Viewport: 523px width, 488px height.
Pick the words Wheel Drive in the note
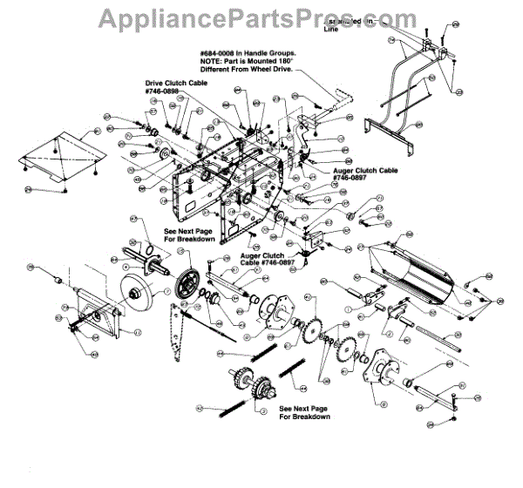277,70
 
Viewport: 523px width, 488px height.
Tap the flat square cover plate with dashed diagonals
61,155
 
